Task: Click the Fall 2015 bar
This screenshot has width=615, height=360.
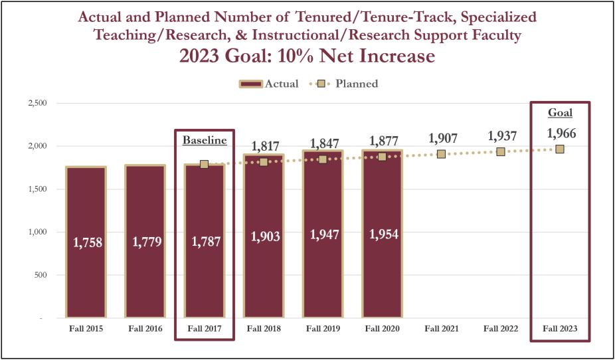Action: tap(85, 242)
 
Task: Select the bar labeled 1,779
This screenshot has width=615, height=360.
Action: tap(145, 242)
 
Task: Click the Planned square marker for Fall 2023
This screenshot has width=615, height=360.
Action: tap(560, 149)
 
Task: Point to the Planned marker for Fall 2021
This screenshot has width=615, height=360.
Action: tap(441, 154)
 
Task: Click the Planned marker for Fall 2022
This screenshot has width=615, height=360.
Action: tap(501, 152)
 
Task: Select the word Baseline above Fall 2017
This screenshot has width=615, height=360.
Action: tap(205, 141)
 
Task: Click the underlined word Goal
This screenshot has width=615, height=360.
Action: tap(560, 112)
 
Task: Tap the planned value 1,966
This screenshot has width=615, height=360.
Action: tap(560, 134)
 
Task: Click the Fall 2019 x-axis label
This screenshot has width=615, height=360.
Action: tap(323, 328)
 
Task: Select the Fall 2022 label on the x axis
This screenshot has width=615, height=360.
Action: tap(501, 328)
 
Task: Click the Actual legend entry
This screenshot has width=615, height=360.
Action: tap(269, 84)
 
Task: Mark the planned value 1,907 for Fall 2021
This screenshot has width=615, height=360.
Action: tap(441, 139)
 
